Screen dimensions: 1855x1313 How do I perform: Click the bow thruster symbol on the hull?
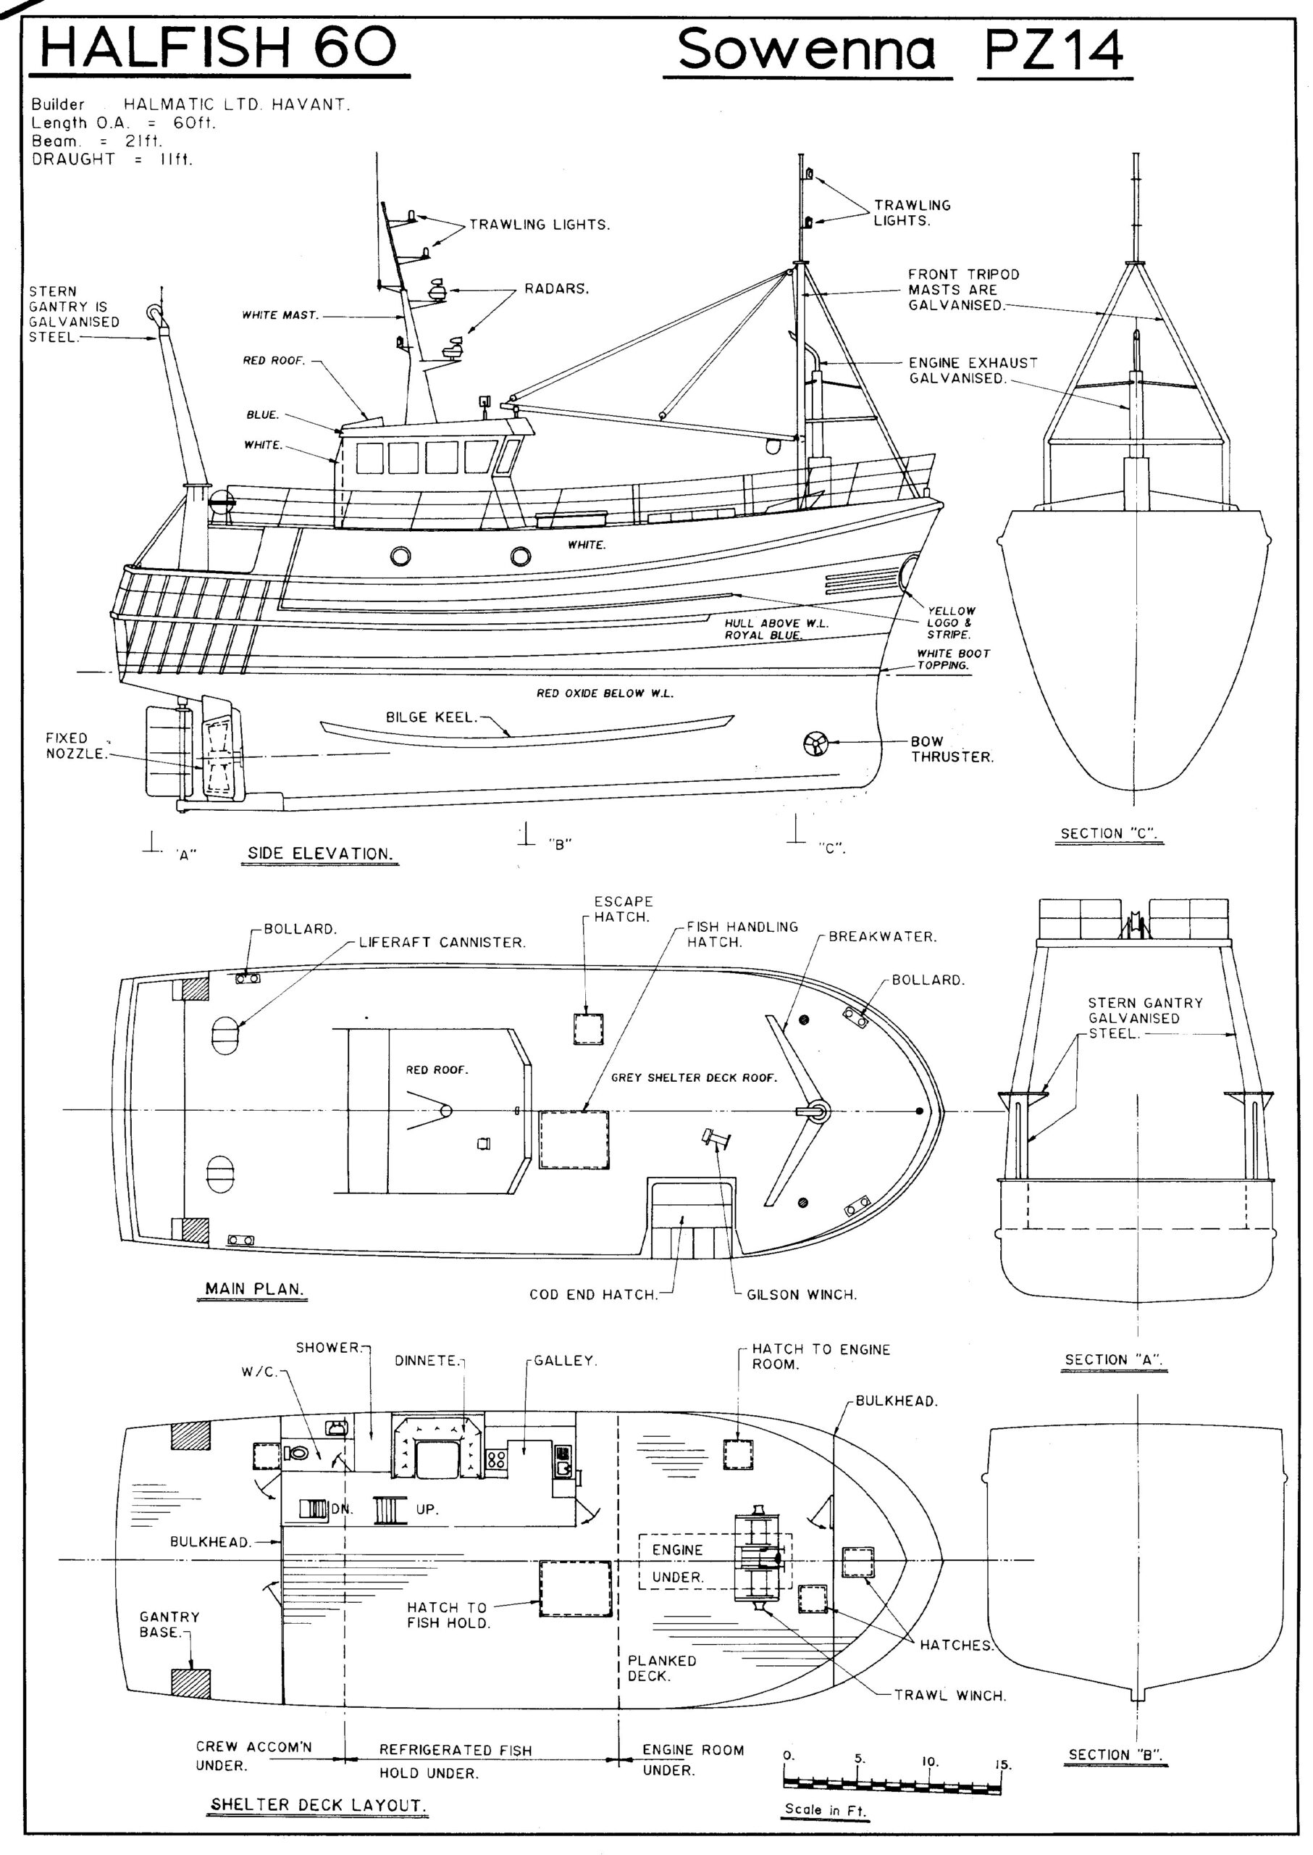(815, 743)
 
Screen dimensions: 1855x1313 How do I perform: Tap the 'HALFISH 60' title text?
(218, 48)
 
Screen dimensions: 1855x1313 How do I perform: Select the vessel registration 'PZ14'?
(1054, 50)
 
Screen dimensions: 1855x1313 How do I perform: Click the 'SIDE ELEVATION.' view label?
(319, 854)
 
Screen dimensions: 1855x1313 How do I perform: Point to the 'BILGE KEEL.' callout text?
(431, 717)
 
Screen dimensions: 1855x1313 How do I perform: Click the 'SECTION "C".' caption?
(1109, 834)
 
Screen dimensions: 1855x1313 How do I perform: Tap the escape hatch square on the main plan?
(588, 1029)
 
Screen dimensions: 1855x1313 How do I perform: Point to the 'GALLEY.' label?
(565, 1361)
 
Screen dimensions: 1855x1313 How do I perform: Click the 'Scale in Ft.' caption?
(825, 1809)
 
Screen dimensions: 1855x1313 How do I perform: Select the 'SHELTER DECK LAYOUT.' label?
(318, 1805)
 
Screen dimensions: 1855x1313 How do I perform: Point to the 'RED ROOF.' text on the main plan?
(437, 1070)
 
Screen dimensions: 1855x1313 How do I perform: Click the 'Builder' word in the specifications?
(57, 104)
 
